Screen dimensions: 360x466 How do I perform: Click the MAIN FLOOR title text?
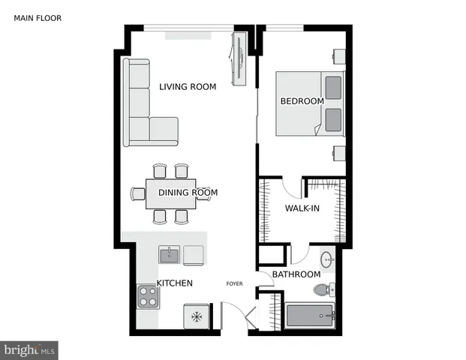[38, 18]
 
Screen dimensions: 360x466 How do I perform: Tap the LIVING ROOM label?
[188, 87]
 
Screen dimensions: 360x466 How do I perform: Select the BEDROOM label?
[302, 101]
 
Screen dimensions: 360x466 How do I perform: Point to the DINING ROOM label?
[188, 193]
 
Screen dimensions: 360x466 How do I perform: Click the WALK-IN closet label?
[302, 208]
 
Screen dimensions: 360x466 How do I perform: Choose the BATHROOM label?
[296, 274]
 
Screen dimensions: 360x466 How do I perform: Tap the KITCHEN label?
[175, 283]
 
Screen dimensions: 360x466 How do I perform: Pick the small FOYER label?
[235, 283]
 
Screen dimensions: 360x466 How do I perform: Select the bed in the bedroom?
[309, 103]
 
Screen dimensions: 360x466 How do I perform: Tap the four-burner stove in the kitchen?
[148, 298]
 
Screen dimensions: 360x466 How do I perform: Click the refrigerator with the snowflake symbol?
[197, 316]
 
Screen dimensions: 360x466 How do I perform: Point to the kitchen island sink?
[170, 256]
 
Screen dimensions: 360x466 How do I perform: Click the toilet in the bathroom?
[322, 290]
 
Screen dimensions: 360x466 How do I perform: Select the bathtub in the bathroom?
[310, 316]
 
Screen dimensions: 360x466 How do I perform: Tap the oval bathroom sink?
[328, 261]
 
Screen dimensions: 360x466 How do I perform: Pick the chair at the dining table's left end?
[138, 193]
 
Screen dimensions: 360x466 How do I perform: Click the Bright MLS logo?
[29, 349]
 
